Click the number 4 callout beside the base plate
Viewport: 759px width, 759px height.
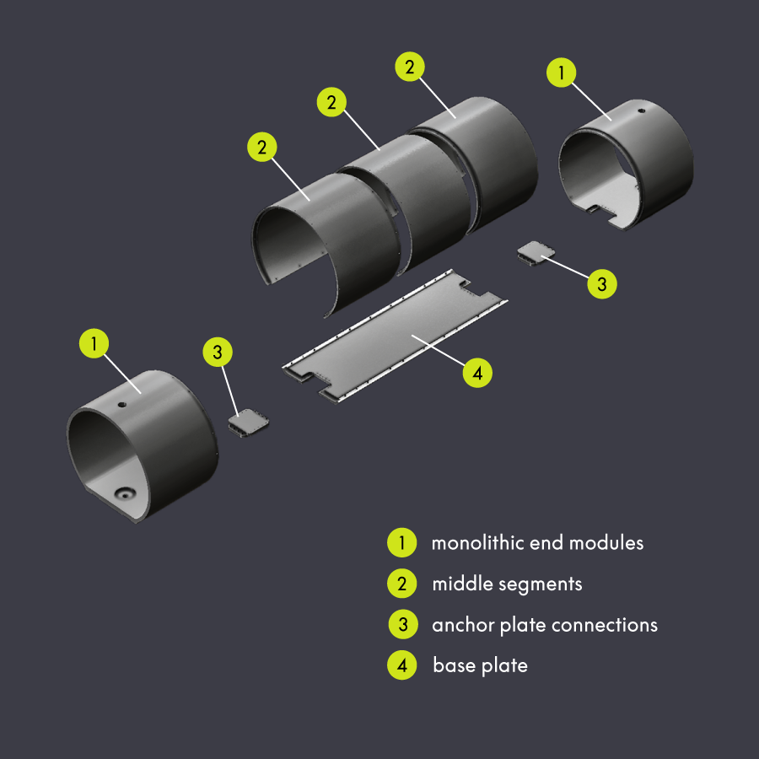[x=477, y=372]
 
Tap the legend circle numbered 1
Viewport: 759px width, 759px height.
[x=402, y=543]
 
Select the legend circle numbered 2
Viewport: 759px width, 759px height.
[x=402, y=584]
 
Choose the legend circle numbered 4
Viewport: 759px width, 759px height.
[x=402, y=665]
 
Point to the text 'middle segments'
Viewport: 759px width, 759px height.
[x=507, y=584]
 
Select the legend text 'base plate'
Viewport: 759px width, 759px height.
[x=480, y=665]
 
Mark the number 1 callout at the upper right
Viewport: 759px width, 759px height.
[x=563, y=73]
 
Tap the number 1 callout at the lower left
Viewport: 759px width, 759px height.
[x=94, y=343]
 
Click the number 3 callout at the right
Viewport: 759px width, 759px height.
[x=601, y=284]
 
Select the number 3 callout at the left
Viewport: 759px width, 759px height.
[x=218, y=353]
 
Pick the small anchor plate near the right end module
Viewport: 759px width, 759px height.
[x=535, y=252]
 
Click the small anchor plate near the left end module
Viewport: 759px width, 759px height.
[x=248, y=422]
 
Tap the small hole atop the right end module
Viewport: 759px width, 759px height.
[x=641, y=110]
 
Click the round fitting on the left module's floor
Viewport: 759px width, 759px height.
[x=125, y=493]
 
